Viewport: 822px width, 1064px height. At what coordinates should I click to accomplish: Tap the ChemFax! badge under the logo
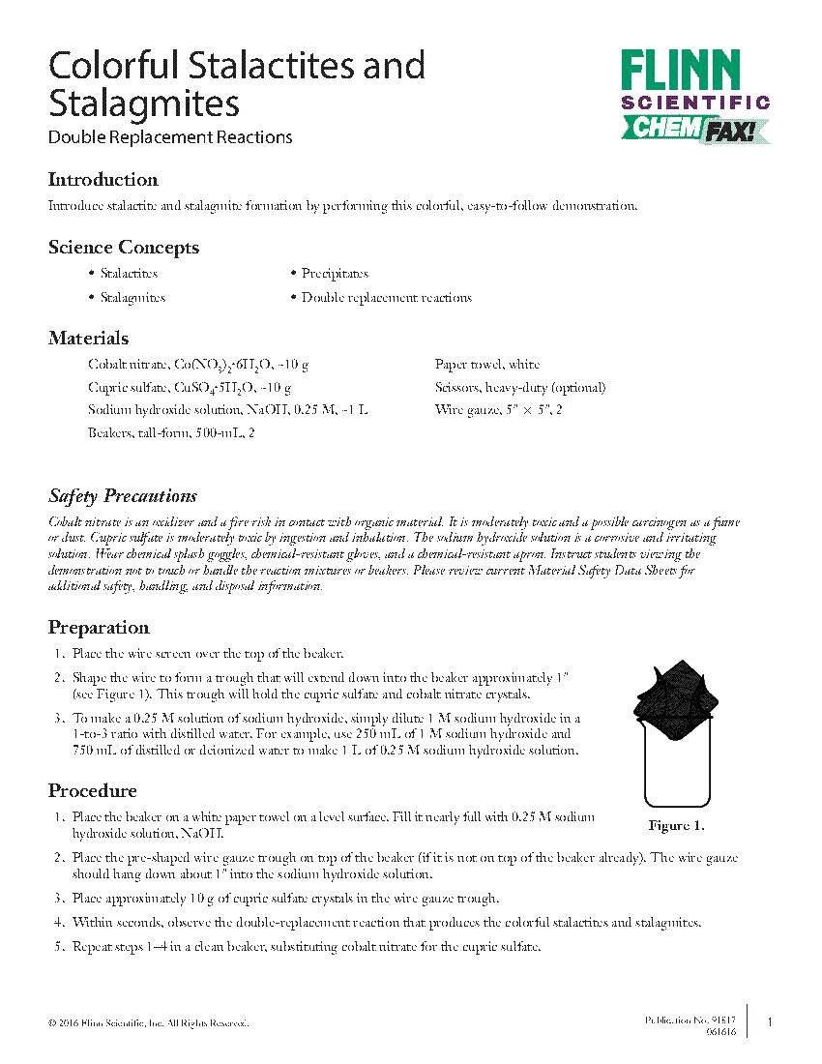694,128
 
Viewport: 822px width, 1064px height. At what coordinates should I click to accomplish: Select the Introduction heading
103,180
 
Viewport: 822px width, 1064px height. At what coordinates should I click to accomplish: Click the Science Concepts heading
124,248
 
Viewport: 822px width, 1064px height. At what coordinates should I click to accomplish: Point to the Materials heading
88,339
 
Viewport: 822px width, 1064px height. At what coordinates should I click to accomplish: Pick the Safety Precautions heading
123,496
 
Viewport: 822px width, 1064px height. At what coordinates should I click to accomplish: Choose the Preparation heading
99,628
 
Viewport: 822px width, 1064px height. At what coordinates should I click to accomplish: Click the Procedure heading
93,791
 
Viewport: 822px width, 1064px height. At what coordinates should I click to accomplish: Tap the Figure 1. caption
676,826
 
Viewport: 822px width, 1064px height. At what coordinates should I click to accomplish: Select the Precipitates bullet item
335,274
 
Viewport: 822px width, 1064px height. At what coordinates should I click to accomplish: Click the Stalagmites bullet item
132,298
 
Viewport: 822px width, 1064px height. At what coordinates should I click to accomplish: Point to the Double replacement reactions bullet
386,298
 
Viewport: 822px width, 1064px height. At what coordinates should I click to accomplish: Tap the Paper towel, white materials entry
487,365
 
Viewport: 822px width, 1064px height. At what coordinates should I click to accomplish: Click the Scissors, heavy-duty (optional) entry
520,388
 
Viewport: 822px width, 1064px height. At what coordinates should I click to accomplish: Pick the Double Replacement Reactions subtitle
170,137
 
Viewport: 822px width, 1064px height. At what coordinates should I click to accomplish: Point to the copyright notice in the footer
148,1022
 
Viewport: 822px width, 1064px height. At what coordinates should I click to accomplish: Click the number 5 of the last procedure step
58,947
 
